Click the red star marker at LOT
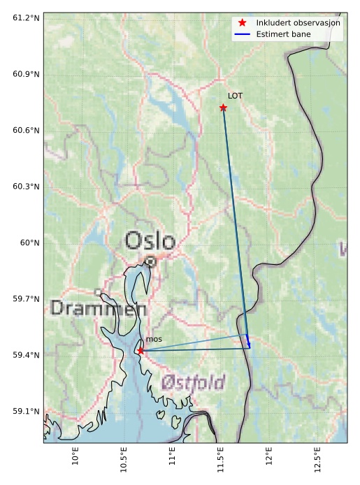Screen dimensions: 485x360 [223, 108]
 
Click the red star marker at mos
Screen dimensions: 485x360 [141, 351]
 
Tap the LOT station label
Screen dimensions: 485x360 [235, 96]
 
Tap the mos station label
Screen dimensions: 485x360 [154, 340]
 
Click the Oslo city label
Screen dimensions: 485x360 [150, 242]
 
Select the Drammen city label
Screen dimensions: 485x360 [99, 308]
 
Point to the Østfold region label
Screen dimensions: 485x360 [193, 382]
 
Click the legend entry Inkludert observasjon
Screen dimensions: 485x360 [298, 22]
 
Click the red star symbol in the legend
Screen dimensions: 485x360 [243, 22]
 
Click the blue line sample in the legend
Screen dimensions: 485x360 [243, 34]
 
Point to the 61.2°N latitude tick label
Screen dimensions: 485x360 [25, 17]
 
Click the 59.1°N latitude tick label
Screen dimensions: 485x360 [25, 411]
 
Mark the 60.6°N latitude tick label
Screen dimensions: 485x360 [25, 130]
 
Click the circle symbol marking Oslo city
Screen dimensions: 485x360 [150, 261]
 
